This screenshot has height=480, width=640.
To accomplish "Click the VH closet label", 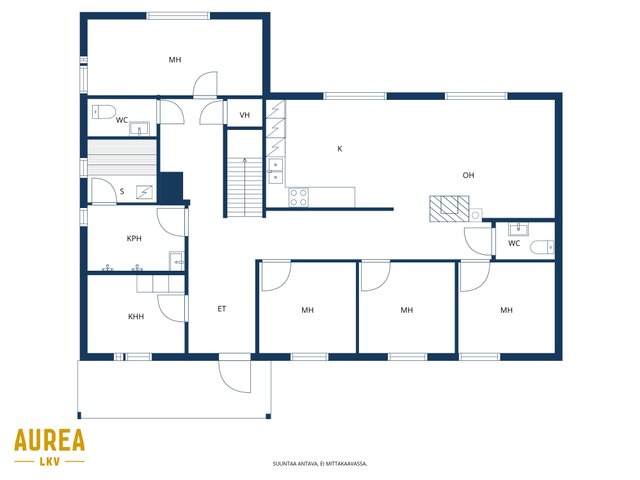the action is [x=244, y=115].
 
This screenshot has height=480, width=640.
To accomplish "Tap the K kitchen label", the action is [x=340, y=149].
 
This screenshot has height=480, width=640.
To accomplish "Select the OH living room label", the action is [x=468, y=175].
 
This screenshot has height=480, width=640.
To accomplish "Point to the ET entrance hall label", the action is [x=222, y=309].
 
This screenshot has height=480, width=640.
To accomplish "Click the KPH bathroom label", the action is [x=134, y=238].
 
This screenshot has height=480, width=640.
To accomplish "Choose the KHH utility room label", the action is [x=136, y=316].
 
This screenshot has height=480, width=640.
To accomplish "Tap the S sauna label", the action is [x=122, y=191].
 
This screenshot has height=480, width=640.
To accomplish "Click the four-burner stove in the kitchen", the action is [x=299, y=198].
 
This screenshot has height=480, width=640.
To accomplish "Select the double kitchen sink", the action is [x=276, y=171].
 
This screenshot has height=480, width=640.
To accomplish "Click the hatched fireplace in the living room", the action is [x=449, y=209].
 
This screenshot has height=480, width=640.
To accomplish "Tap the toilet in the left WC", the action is [x=104, y=112].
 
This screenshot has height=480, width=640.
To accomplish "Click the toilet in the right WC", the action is [x=542, y=247].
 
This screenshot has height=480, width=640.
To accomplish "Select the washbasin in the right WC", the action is [x=518, y=229].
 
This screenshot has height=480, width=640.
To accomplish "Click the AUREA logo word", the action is [x=49, y=440].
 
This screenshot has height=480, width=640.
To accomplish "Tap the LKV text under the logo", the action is [x=50, y=462].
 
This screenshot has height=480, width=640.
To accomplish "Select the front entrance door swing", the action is [x=235, y=377].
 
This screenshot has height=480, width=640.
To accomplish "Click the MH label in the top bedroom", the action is [x=175, y=60].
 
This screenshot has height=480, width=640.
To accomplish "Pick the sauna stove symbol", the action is [x=144, y=192].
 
